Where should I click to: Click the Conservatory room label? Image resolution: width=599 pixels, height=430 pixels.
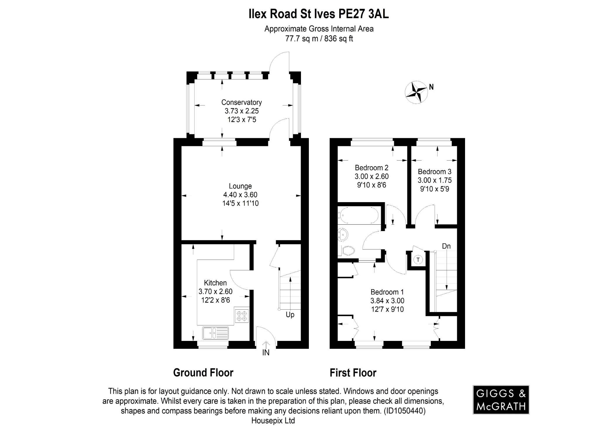point(241,103)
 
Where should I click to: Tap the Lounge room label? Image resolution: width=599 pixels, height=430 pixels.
point(240,186)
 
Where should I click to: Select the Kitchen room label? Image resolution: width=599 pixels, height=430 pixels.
point(215,283)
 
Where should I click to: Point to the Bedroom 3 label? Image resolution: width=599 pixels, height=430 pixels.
point(434,172)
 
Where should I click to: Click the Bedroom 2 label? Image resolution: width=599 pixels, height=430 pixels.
point(371,168)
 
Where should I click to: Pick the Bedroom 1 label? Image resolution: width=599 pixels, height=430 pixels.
point(387,292)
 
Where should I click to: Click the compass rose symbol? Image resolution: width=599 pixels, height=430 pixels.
point(416,92)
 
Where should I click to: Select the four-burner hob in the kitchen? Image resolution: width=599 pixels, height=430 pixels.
point(242,315)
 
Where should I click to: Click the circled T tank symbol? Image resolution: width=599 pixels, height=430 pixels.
point(418,259)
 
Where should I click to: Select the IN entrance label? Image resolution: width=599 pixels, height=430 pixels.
point(266,353)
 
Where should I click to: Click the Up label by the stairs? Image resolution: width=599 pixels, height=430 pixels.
point(290,315)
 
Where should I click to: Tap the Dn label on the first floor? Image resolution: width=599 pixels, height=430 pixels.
point(446,246)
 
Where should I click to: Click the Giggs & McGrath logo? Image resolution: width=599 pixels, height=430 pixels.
point(501,400)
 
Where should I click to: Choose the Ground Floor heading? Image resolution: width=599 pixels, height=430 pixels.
point(203,373)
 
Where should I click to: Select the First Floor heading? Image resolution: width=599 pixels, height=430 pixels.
point(353,373)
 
